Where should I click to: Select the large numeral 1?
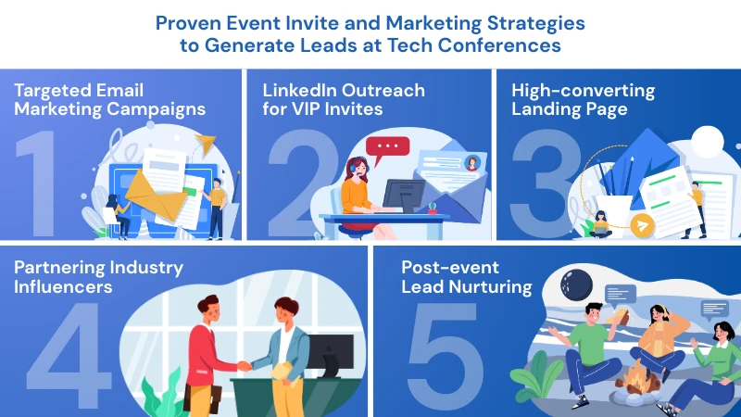coord(39,183)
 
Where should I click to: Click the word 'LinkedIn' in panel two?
coord(300,90)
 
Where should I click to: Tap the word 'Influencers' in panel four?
coord(63,286)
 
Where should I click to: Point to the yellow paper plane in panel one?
coord(206,143)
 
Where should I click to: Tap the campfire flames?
coord(637,375)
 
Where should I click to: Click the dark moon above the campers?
coord(576,284)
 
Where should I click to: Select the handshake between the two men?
coord(244,365)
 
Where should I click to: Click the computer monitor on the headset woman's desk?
coord(403,195)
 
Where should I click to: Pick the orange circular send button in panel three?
coord(642,225)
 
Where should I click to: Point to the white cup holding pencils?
coord(614,214)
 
